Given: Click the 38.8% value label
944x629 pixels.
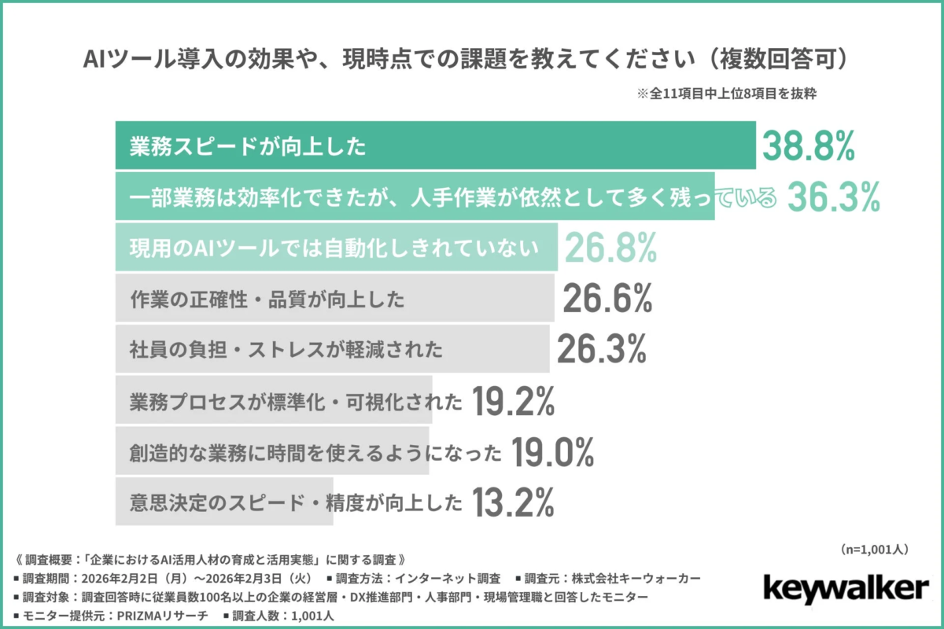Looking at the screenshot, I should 808,146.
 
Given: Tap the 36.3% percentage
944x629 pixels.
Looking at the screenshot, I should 833,198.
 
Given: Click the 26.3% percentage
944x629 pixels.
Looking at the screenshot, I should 602,350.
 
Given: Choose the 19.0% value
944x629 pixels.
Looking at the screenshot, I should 551,452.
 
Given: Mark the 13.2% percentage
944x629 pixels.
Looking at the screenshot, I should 514,502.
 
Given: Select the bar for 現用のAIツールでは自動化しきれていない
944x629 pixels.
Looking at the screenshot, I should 337,248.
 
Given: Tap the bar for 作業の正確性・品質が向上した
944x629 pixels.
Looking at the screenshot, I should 334,299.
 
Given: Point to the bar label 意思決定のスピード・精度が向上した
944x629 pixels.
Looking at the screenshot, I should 296,502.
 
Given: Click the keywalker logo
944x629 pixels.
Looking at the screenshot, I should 846,589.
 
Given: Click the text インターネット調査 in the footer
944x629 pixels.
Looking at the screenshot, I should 442,578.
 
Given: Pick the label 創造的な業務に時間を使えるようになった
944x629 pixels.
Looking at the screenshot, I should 315,452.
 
